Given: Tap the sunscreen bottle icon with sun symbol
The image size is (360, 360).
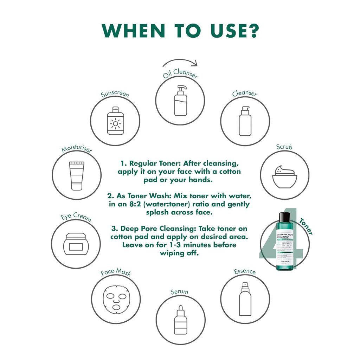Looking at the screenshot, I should (x=115, y=120).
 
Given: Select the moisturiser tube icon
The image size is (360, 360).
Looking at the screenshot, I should (x=77, y=175).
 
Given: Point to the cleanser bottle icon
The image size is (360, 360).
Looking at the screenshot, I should (x=245, y=121).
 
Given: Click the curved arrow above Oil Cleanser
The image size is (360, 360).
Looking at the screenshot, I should (x=180, y=63).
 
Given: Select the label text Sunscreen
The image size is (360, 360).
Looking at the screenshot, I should (x=115, y=95).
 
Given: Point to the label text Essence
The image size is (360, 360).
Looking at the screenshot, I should (x=245, y=271).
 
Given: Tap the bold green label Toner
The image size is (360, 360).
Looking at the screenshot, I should (x=306, y=226).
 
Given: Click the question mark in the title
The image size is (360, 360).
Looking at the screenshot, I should (x=252, y=31).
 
